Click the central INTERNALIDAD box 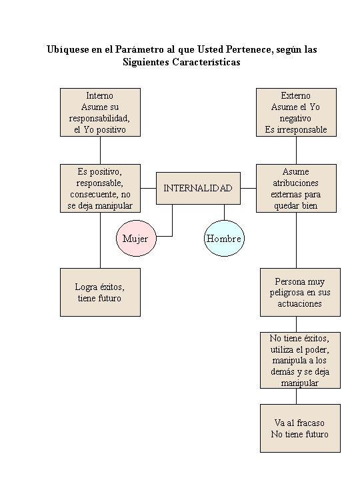pos(198,188)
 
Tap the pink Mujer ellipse pos(135,239)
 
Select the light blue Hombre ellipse pos(223,239)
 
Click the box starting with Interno pos(100,113)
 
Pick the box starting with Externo pos(296,113)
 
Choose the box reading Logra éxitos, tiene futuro pos(100,292)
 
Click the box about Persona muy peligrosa pos(300,292)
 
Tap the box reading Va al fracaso pos(300,428)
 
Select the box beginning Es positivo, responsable pos(100,188)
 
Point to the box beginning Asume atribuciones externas pos(296,188)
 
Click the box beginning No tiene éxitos pos(300,360)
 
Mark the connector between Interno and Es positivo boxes pos(100,150)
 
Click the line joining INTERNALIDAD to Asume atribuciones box pos(248,188)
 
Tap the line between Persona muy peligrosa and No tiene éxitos pos(297,323)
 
